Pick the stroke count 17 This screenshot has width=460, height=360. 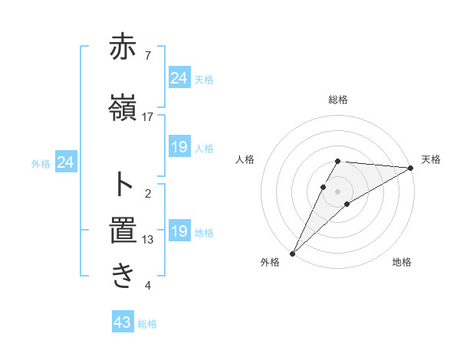tap(148, 117)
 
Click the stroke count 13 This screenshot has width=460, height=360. tap(148, 240)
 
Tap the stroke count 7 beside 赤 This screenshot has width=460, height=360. tap(148, 56)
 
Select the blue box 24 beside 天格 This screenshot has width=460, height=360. tap(179, 78)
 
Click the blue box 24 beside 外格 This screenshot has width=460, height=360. tap(66, 162)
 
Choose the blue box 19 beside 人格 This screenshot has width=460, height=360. tap(179, 147)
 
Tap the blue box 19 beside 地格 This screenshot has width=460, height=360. tap(179, 231)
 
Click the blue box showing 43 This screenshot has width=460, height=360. tap(123, 323)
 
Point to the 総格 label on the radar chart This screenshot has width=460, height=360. tap(337, 100)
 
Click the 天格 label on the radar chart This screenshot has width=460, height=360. tap(431, 159)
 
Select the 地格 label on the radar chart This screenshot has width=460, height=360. tap(402, 263)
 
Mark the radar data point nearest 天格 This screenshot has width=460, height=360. tap(410, 168)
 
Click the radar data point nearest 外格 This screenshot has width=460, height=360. tap(293, 253)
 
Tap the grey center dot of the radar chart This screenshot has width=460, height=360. tap(337, 191)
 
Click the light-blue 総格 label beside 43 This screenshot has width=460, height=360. tap(147, 324)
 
